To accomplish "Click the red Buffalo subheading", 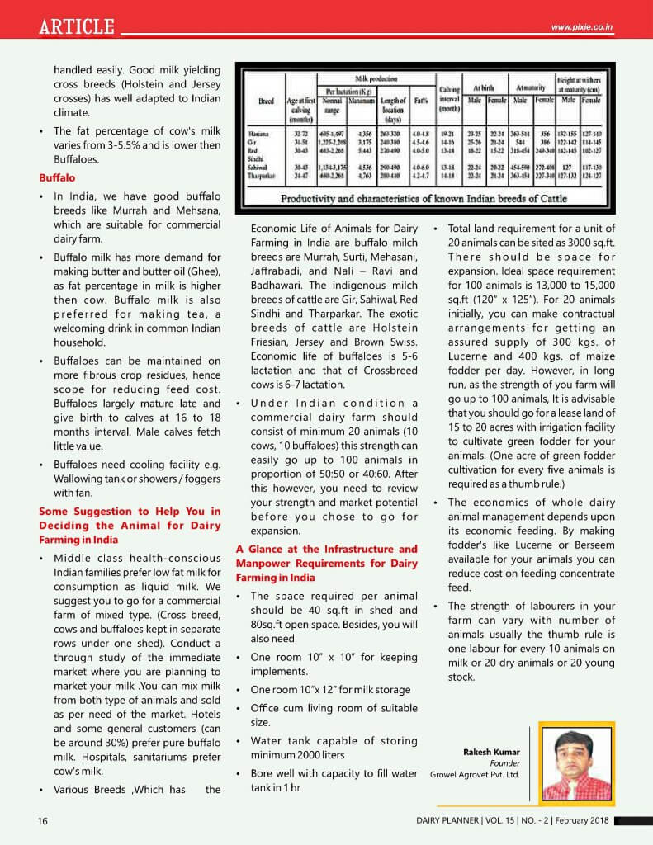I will (x=57, y=177).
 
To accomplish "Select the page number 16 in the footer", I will (x=43, y=820).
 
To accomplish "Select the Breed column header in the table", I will (x=266, y=101).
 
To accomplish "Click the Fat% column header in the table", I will (x=420, y=101).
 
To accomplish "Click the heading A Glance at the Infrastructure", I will (x=327, y=563).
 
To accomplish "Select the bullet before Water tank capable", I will (x=239, y=741).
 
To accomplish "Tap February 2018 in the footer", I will (x=583, y=820).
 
